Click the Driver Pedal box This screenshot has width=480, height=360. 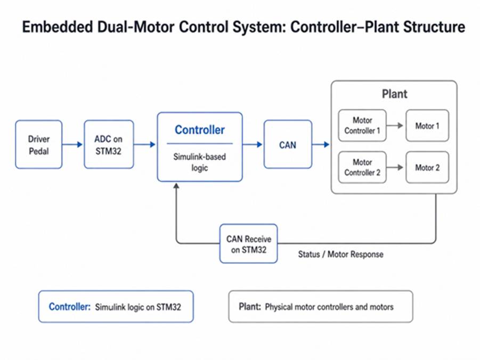(39, 144)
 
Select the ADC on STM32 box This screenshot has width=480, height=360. (109, 144)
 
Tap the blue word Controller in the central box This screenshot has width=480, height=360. (200, 130)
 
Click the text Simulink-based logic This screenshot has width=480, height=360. (200, 162)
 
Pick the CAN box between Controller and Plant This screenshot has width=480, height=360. (288, 144)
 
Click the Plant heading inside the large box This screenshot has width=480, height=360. (394, 94)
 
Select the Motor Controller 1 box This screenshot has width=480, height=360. (362, 126)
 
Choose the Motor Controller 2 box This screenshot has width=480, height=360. (362, 167)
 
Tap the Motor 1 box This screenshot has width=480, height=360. (427, 126)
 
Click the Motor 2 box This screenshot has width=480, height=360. (427, 167)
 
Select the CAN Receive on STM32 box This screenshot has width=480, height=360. (249, 244)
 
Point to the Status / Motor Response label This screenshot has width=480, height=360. (341, 255)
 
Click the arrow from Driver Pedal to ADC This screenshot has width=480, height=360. (72, 144)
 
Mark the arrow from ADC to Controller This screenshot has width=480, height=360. (145, 144)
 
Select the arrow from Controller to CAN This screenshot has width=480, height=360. (253, 144)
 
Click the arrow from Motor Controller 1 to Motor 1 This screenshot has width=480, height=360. (395, 125)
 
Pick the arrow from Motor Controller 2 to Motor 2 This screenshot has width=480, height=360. (395, 167)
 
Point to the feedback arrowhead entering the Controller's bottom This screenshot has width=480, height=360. (176, 185)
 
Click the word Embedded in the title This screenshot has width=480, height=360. (57, 27)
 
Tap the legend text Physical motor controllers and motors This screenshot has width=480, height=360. (329, 307)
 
